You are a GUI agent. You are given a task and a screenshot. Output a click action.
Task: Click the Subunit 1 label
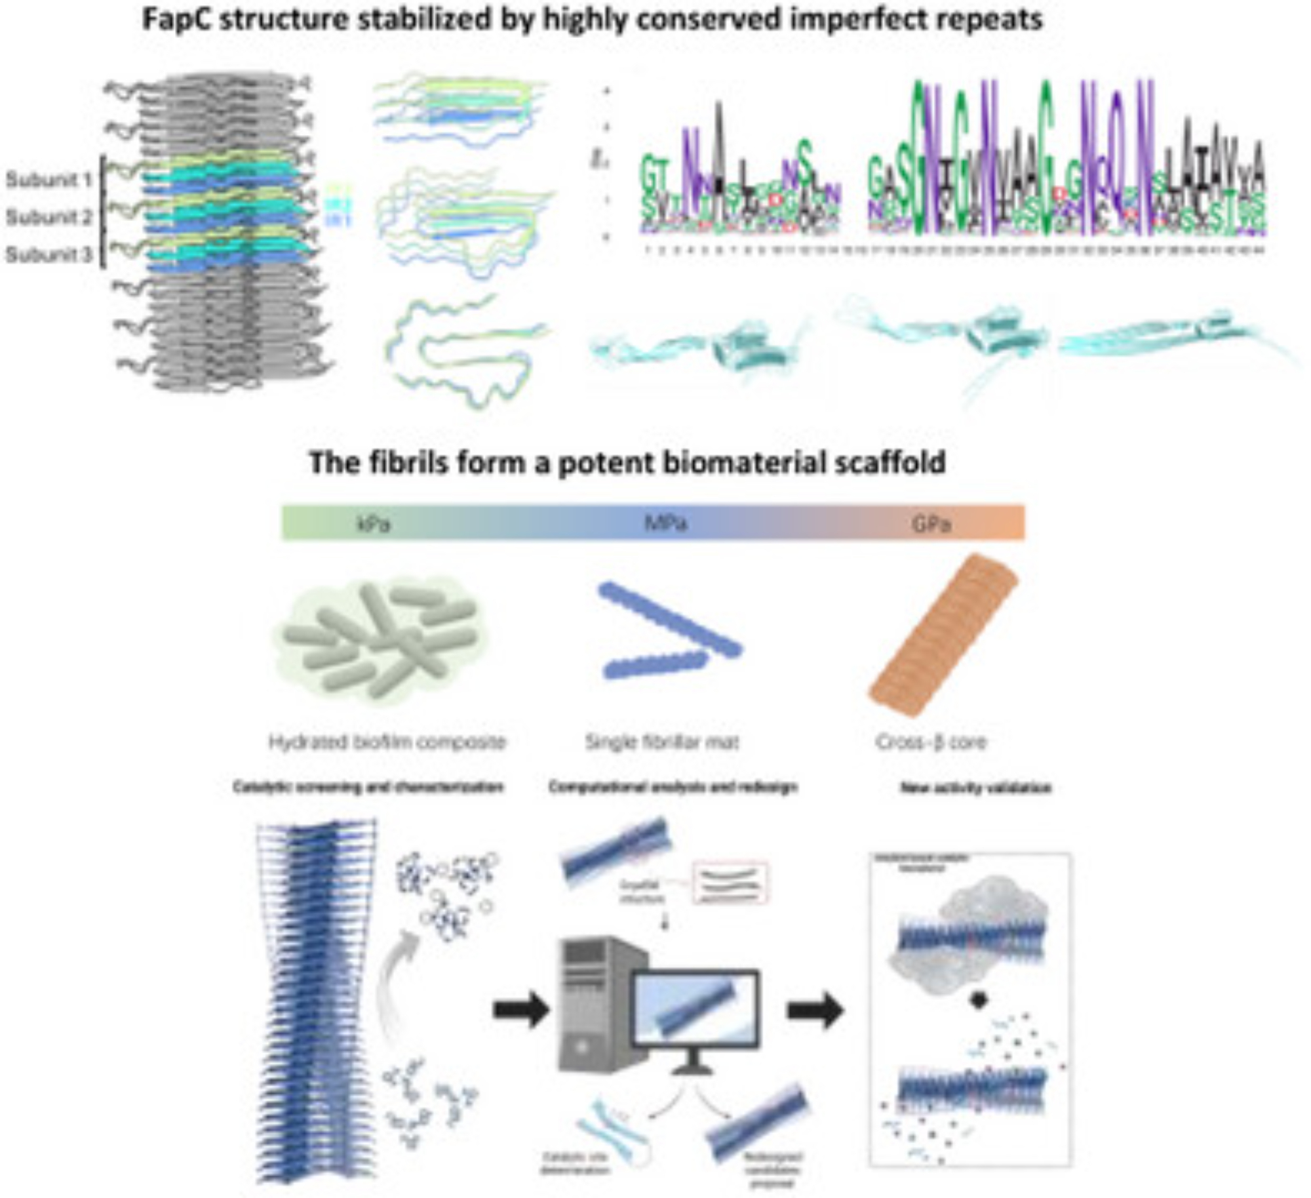tap(49, 180)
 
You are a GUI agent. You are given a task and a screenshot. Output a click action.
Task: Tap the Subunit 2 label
tap(49, 217)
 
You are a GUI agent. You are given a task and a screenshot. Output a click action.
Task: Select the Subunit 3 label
tap(49, 254)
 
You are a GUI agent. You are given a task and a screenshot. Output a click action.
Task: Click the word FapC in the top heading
tap(175, 20)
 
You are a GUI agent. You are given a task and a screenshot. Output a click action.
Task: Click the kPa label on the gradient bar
tap(373, 525)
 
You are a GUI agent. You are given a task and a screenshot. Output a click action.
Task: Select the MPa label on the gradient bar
tap(666, 525)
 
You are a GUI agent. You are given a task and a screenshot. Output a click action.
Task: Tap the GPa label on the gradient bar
tap(931, 525)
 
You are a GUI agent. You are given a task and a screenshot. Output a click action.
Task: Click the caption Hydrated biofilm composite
tap(387, 742)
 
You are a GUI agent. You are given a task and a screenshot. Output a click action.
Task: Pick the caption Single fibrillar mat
tap(662, 742)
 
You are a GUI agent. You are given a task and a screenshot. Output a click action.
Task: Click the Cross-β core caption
tap(931, 742)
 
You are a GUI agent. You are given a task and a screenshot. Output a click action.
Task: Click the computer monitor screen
tap(695, 1014)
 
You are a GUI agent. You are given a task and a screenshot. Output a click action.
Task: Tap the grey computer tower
tap(593, 1003)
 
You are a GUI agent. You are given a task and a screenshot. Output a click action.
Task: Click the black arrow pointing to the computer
tap(520, 1009)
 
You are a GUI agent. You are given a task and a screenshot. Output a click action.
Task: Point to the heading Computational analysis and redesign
tap(673, 786)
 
